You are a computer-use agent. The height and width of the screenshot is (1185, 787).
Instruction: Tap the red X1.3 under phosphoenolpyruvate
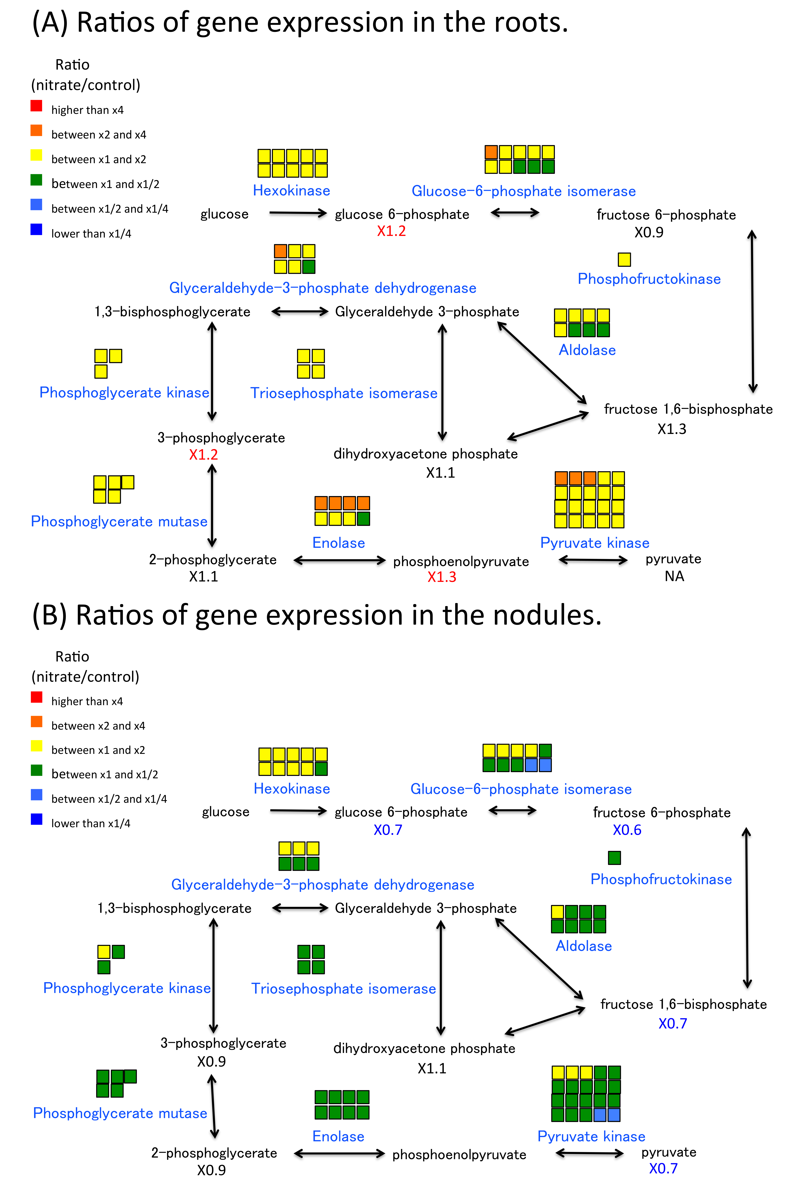click(442, 577)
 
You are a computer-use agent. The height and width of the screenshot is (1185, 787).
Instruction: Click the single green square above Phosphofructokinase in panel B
click(614, 858)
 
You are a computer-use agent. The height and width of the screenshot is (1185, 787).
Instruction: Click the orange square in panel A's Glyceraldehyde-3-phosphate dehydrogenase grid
click(280, 251)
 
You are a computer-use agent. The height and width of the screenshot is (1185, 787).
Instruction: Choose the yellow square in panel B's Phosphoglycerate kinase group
click(104, 951)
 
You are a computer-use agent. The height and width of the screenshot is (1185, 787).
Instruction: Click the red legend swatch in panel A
click(36, 105)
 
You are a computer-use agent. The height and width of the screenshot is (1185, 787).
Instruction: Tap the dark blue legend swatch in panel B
click(36, 819)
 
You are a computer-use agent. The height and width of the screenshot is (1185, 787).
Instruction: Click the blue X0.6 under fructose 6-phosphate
click(627, 830)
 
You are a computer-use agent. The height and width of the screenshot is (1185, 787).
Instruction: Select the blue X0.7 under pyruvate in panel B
click(663, 1168)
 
